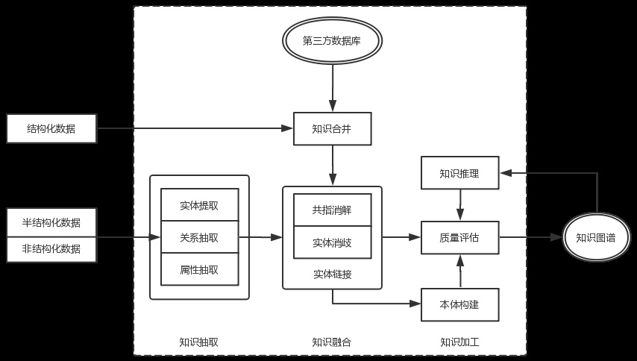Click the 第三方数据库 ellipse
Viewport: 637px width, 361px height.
pyautogui.click(x=332, y=41)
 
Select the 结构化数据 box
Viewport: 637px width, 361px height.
pyautogui.click(x=51, y=128)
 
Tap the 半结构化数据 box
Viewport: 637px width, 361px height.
pyautogui.click(x=51, y=222)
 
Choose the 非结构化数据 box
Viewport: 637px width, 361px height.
pyautogui.click(x=51, y=249)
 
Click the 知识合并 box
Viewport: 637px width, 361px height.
pyautogui.click(x=332, y=128)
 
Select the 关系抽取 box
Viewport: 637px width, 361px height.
pyautogui.click(x=199, y=237)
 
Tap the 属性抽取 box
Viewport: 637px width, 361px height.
pyautogui.click(x=199, y=269)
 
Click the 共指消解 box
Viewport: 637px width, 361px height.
pyautogui.click(x=332, y=210)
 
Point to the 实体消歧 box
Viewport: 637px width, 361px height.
pyautogui.click(x=332, y=242)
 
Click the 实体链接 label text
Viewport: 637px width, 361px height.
pyautogui.click(x=332, y=274)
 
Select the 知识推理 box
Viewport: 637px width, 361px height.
pyautogui.click(x=459, y=173)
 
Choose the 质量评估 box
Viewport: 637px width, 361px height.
pyautogui.click(x=459, y=237)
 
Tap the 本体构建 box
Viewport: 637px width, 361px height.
pyautogui.click(x=459, y=304)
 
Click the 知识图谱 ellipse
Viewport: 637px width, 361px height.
pyautogui.click(x=596, y=237)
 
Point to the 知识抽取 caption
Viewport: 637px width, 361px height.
pyautogui.click(x=198, y=342)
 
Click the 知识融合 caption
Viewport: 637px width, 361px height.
pyautogui.click(x=331, y=342)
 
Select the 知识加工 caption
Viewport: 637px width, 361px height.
pyautogui.click(x=459, y=342)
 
